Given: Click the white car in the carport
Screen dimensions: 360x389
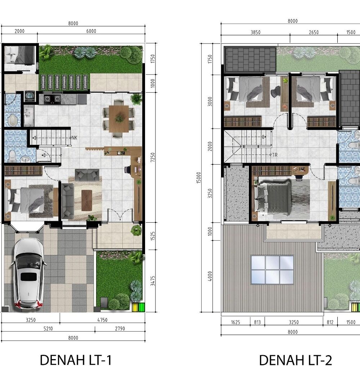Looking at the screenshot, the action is (x=28, y=273).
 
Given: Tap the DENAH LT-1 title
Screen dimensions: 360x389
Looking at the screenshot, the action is (x=76, y=360).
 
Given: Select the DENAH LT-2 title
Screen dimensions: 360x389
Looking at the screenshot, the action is (x=295, y=360).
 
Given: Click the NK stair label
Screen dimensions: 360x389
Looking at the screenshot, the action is (x=75, y=138).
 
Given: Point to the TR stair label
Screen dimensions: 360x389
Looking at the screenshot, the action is (x=275, y=155).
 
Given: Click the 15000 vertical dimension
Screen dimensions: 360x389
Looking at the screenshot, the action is (x=199, y=178).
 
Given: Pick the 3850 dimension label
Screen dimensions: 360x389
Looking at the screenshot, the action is (x=255, y=32).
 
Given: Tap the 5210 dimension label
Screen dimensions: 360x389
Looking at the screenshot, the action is (x=48, y=329).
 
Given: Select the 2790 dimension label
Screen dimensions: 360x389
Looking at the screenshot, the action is (x=120, y=329).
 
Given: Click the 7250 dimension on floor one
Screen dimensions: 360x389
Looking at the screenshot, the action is (x=153, y=157).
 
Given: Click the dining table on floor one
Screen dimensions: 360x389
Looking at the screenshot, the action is (x=119, y=119).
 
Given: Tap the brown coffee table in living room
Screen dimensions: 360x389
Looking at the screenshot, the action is (x=86, y=200).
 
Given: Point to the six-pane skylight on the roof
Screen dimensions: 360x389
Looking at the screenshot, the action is (x=272, y=270).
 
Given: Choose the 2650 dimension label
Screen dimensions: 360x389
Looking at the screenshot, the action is (x=314, y=32).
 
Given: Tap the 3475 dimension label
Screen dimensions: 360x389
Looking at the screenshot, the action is (x=153, y=281).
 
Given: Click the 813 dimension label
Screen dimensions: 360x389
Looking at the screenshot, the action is (x=257, y=322).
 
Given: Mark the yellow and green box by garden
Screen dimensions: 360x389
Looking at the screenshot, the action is (x=138, y=307).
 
